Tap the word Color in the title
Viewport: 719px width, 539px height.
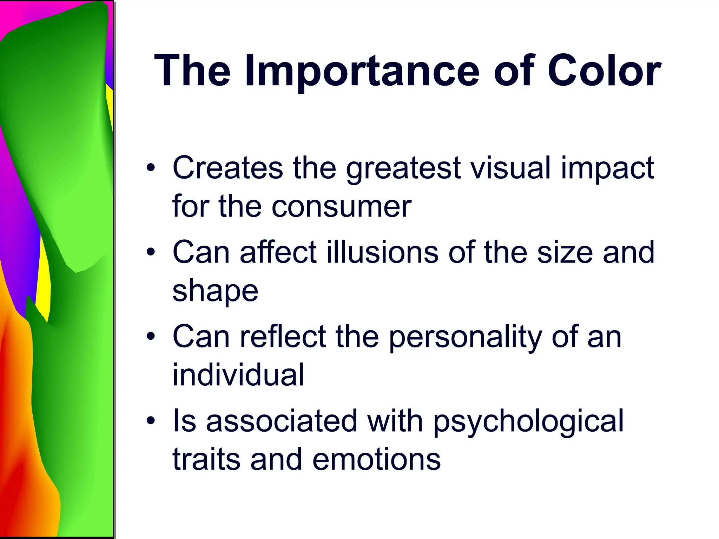click(604, 71)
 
